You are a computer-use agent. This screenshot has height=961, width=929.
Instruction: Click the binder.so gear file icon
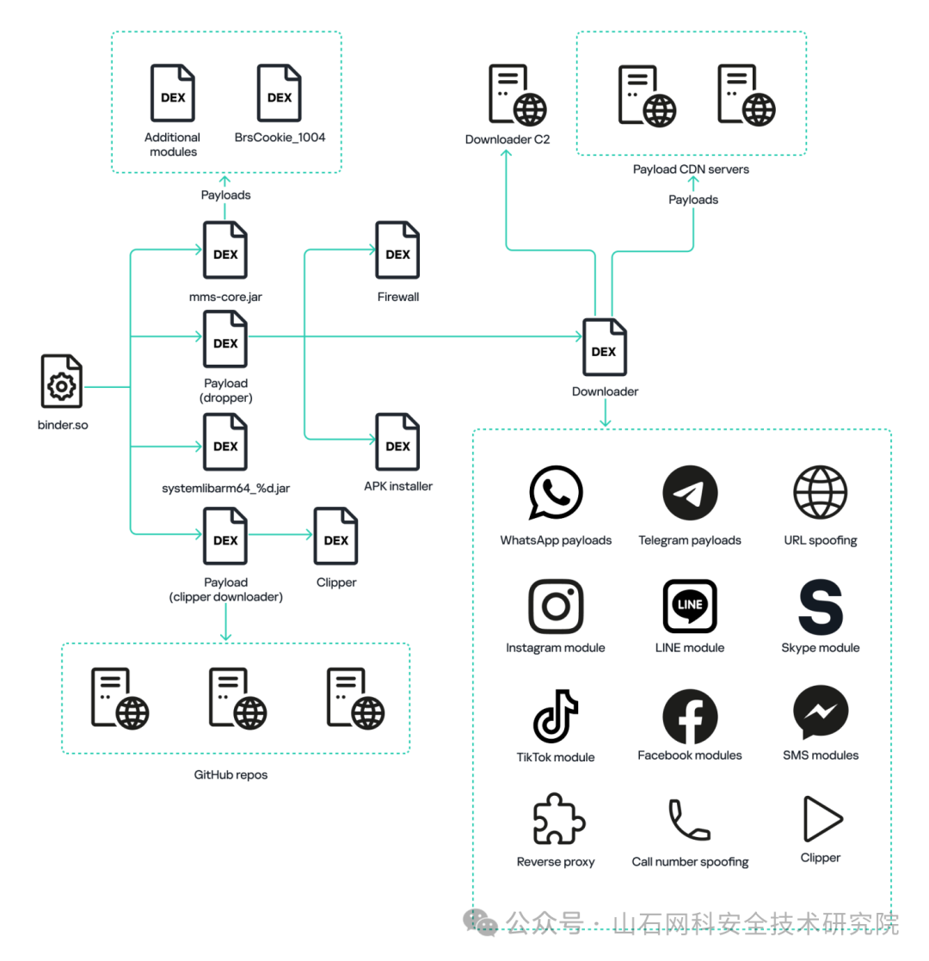tap(61, 381)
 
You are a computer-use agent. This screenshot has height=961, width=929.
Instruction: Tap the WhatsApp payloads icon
tap(555, 492)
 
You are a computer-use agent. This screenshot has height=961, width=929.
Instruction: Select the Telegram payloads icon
tap(690, 493)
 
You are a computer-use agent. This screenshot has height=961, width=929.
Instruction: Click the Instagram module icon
tap(556, 607)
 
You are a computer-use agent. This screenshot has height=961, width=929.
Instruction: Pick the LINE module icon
tap(690, 607)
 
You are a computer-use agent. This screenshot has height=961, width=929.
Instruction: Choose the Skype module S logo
tap(821, 607)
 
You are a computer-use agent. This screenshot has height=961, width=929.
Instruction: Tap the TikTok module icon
tap(555, 716)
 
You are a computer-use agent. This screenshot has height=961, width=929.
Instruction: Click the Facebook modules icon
tap(690, 716)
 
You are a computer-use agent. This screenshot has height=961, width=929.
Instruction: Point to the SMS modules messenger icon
tap(821, 713)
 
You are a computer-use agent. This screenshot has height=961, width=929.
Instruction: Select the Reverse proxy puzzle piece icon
tap(559, 819)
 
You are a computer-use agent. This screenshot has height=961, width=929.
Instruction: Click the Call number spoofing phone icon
tap(689, 819)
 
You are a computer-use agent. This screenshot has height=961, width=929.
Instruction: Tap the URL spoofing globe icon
tap(821, 492)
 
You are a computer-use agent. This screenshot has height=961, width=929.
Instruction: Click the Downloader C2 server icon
tap(517, 95)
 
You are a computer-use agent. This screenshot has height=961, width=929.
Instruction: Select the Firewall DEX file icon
tap(397, 250)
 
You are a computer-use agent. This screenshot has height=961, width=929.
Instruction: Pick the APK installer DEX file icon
tap(397, 442)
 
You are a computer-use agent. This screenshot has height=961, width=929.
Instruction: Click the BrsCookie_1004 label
tap(280, 138)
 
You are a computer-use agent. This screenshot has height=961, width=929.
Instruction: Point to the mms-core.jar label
tap(225, 297)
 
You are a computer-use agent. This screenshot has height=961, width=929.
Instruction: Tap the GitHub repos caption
tap(231, 774)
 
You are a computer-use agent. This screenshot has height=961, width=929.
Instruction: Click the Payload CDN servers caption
tap(691, 169)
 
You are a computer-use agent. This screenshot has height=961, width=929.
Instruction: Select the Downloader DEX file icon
tap(604, 347)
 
